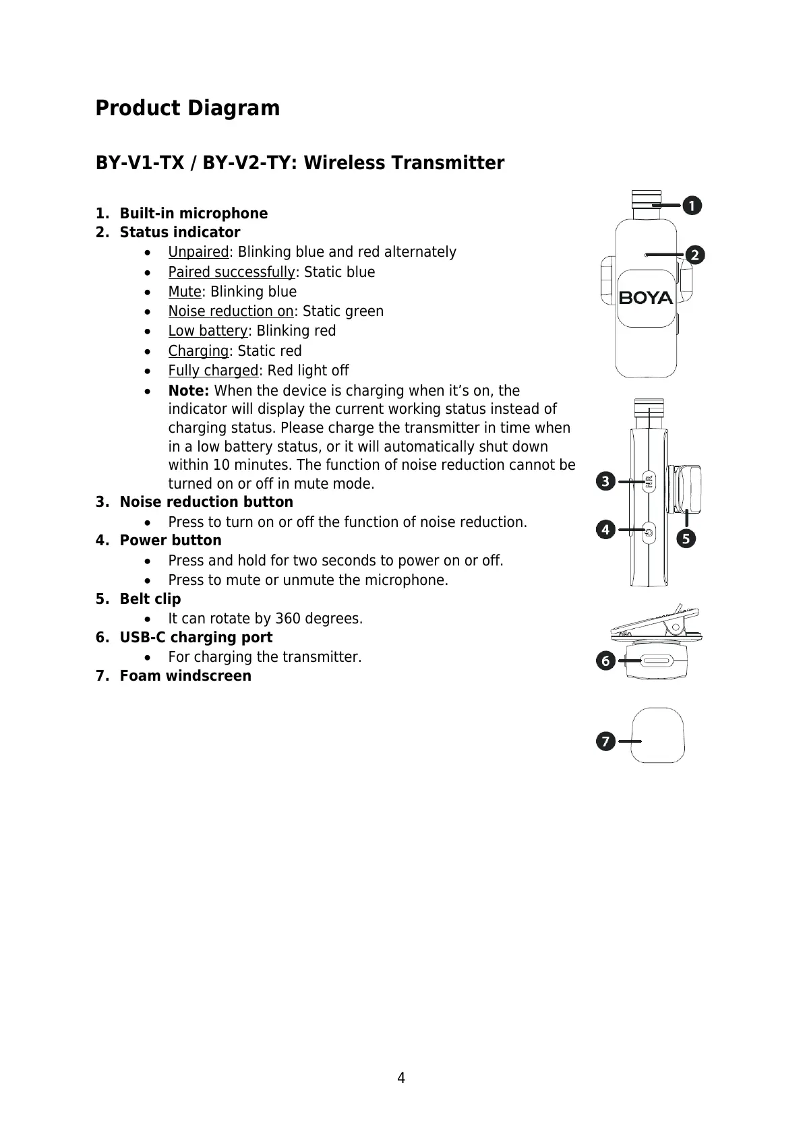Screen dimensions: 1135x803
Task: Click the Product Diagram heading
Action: [x=187, y=109]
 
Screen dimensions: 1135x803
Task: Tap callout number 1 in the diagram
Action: [x=691, y=205]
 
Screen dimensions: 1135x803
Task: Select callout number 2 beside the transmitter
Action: [x=695, y=255]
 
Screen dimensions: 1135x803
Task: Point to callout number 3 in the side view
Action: [x=605, y=481]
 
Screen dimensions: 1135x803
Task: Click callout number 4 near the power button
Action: [x=605, y=530]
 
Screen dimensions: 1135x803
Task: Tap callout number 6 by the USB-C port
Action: [x=605, y=661]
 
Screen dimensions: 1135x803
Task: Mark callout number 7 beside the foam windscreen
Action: [x=605, y=742]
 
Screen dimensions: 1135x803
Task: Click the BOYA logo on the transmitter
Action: [x=646, y=297]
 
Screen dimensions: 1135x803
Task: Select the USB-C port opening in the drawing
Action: [x=656, y=662]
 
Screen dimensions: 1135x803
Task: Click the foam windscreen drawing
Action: [x=659, y=735]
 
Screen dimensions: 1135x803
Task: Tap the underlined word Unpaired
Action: [x=198, y=252]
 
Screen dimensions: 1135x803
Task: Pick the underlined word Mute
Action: [x=185, y=292]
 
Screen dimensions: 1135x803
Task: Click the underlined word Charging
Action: [x=198, y=351]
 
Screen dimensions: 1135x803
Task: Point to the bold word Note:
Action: [x=189, y=391]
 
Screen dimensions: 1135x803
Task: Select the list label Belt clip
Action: [x=150, y=599]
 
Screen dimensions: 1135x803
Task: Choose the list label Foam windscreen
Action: [x=185, y=676]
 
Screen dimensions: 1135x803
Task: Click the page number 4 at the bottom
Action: [x=401, y=1078]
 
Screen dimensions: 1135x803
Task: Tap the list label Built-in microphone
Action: [x=194, y=214]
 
